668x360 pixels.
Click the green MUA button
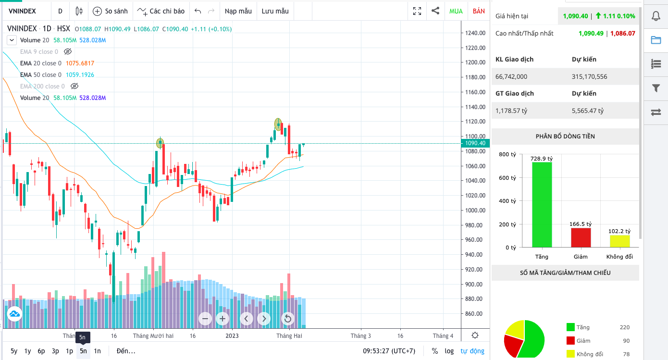point(456,11)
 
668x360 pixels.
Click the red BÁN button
point(479,11)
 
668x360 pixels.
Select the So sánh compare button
point(110,11)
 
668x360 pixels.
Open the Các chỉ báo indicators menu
point(161,11)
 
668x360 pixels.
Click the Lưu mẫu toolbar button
point(275,11)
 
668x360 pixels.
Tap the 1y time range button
point(28,351)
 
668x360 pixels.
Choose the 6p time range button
point(41,351)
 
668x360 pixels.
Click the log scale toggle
point(449,351)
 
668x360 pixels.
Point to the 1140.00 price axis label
point(475,107)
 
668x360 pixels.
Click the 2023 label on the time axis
point(232,336)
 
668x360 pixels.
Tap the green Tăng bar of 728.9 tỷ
point(542,204)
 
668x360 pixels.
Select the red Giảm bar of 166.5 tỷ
point(581,237)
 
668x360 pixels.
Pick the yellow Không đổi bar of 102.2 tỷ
point(619,241)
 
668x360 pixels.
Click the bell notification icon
point(656,16)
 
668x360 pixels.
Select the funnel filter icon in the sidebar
point(656,88)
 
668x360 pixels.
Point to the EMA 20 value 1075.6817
point(80,63)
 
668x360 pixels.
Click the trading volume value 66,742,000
point(511,76)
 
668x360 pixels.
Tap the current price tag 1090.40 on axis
point(475,143)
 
